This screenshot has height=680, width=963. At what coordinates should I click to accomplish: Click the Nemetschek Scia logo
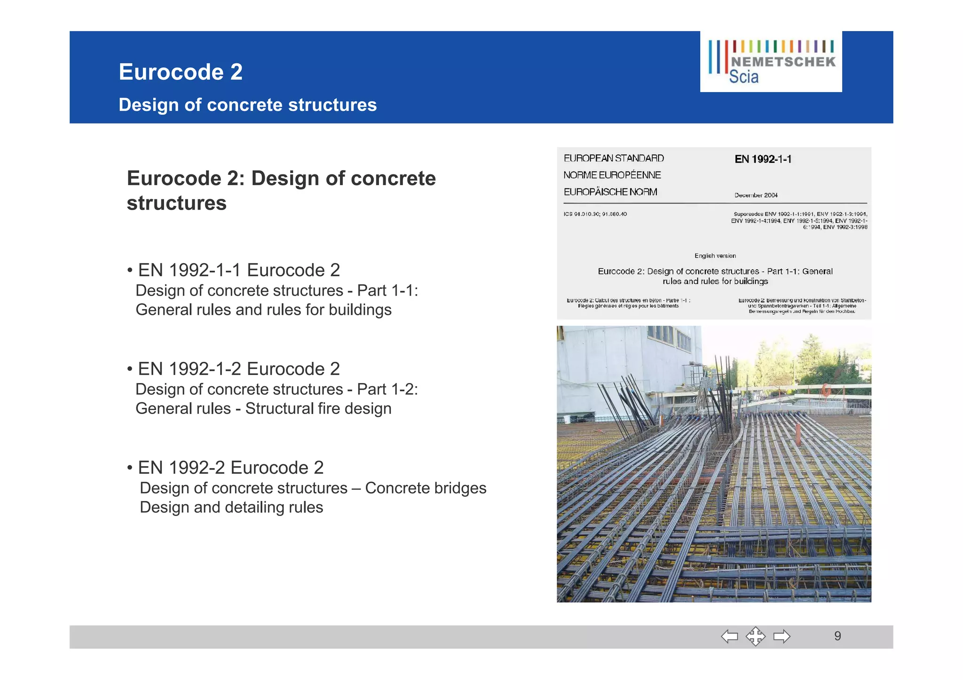coord(771,62)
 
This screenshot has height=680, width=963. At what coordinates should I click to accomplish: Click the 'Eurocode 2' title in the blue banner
coord(181,72)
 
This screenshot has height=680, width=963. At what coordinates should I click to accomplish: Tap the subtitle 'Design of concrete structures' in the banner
coord(247,105)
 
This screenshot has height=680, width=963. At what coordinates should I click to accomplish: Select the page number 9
coord(837,636)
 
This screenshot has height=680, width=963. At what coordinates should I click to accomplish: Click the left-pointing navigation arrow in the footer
coord(729,637)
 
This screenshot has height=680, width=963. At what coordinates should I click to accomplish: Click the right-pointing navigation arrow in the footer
coord(781,637)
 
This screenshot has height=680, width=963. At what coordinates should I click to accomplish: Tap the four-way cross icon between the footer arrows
coord(755,637)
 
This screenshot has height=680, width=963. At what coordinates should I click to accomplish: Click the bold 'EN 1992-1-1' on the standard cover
coord(763,159)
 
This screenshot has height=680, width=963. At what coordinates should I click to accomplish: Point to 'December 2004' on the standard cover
coord(756,195)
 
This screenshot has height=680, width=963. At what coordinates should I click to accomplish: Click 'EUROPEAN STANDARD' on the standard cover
coord(614,158)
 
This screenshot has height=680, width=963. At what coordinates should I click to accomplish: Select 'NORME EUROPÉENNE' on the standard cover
coord(612,175)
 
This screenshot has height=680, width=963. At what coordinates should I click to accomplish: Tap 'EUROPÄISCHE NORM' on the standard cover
coord(610,192)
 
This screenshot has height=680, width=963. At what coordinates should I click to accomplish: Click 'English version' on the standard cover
coord(715,256)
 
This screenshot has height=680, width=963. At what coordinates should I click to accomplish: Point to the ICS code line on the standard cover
coord(595,214)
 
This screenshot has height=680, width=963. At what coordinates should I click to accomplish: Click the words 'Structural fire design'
coord(318,409)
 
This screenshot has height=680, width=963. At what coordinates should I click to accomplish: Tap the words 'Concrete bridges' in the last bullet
coord(426,488)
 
